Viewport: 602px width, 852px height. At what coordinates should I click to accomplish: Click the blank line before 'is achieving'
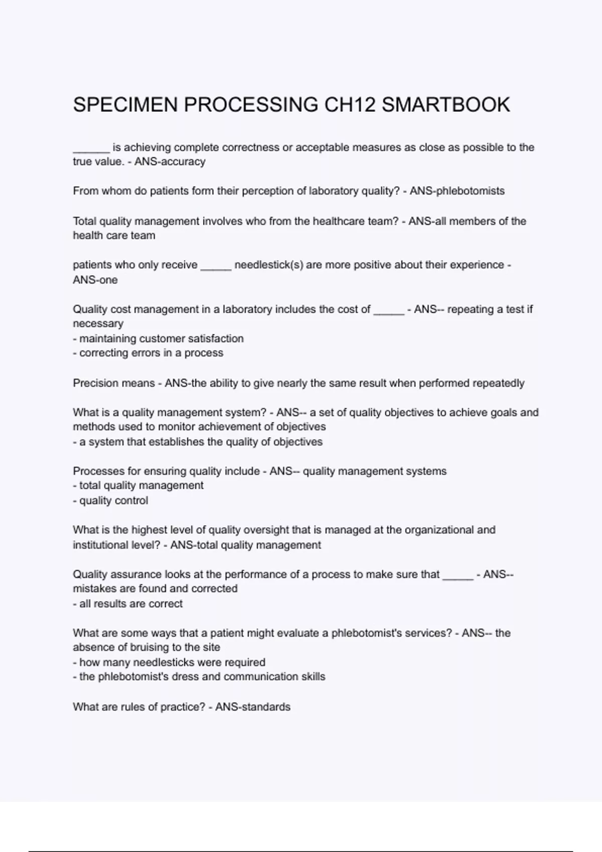click(x=91, y=148)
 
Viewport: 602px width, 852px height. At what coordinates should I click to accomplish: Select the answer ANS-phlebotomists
click(x=457, y=191)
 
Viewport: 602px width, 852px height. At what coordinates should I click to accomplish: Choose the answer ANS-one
click(x=95, y=280)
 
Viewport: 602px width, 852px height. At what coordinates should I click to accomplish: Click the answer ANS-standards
click(x=253, y=707)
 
